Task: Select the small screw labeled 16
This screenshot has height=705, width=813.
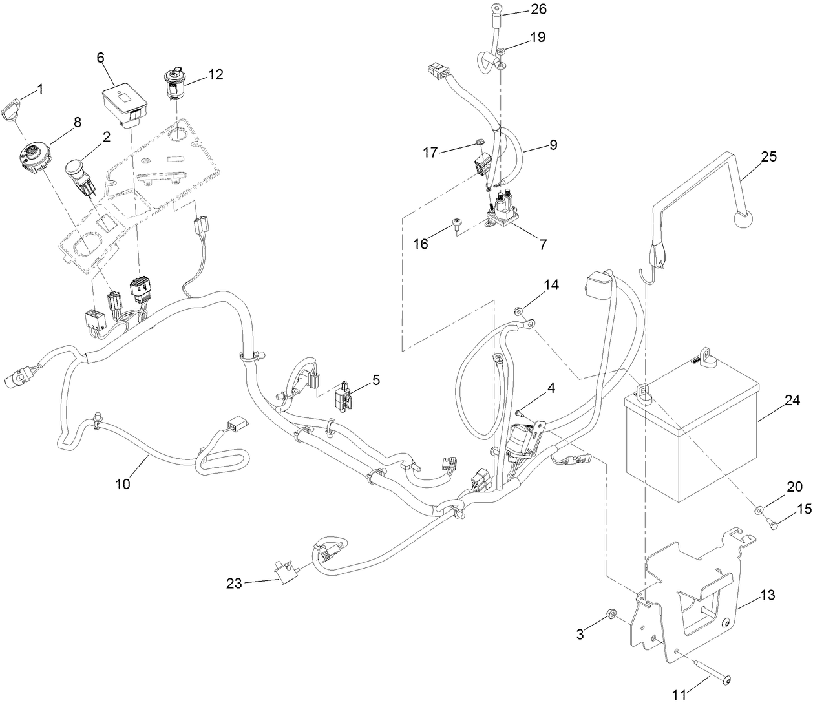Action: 457,223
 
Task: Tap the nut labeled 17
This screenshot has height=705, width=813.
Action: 479,143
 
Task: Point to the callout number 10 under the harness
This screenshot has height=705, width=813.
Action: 123,483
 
